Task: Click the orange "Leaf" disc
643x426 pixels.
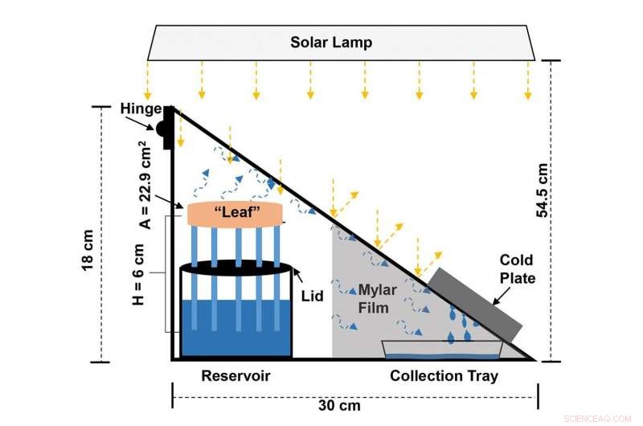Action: pyautogui.click(x=235, y=214)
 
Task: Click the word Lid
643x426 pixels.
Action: pyautogui.click(x=313, y=296)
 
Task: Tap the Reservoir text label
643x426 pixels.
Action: pyautogui.click(x=235, y=376)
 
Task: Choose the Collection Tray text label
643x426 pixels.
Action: pyautogui.click(x=444, y=376)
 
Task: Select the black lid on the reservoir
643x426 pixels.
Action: pyautogui.click(x=235, y=268)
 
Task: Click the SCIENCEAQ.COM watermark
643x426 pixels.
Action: pyautogui.click(x=599, y=417)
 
